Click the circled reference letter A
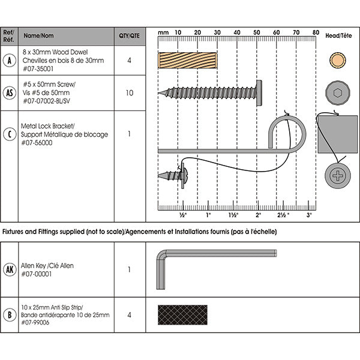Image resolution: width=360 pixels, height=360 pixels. [x=9, y=60]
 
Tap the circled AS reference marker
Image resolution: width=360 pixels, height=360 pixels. [x=9, y=93]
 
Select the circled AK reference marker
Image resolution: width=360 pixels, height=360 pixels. [x=9, y=269]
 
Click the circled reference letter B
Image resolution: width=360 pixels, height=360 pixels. [x=9, y=314]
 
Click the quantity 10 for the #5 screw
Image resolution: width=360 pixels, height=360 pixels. [x=129, y=93]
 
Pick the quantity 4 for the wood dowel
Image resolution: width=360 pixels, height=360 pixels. [x=129, y=60]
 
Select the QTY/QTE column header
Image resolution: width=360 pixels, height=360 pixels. [x=129, y=35]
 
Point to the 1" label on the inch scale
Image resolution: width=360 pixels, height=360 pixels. [x=208, y=214]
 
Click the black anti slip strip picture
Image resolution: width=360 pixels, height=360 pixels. [x=182, y=314]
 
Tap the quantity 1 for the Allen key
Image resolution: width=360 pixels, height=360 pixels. [x=129, y=269]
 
